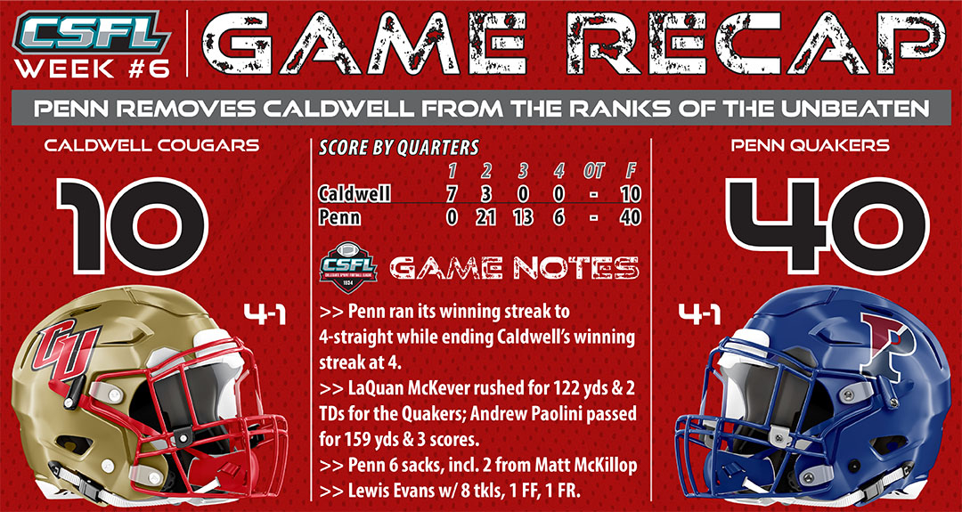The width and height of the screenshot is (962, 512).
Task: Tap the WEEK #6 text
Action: [92, 69]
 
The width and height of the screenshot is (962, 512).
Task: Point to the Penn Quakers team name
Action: [809, 146]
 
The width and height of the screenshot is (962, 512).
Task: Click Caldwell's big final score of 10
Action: [132, 225]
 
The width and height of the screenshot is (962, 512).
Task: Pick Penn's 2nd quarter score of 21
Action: [485, 217]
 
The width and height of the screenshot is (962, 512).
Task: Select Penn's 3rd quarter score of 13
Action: [523, 217]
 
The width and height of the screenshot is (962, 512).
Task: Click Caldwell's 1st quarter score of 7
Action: [452, 195]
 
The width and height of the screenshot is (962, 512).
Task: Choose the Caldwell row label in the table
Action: [355, 194]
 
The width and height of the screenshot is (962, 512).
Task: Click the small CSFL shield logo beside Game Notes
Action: [348, 268]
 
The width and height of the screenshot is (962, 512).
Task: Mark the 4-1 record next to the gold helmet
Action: [265, 315]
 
